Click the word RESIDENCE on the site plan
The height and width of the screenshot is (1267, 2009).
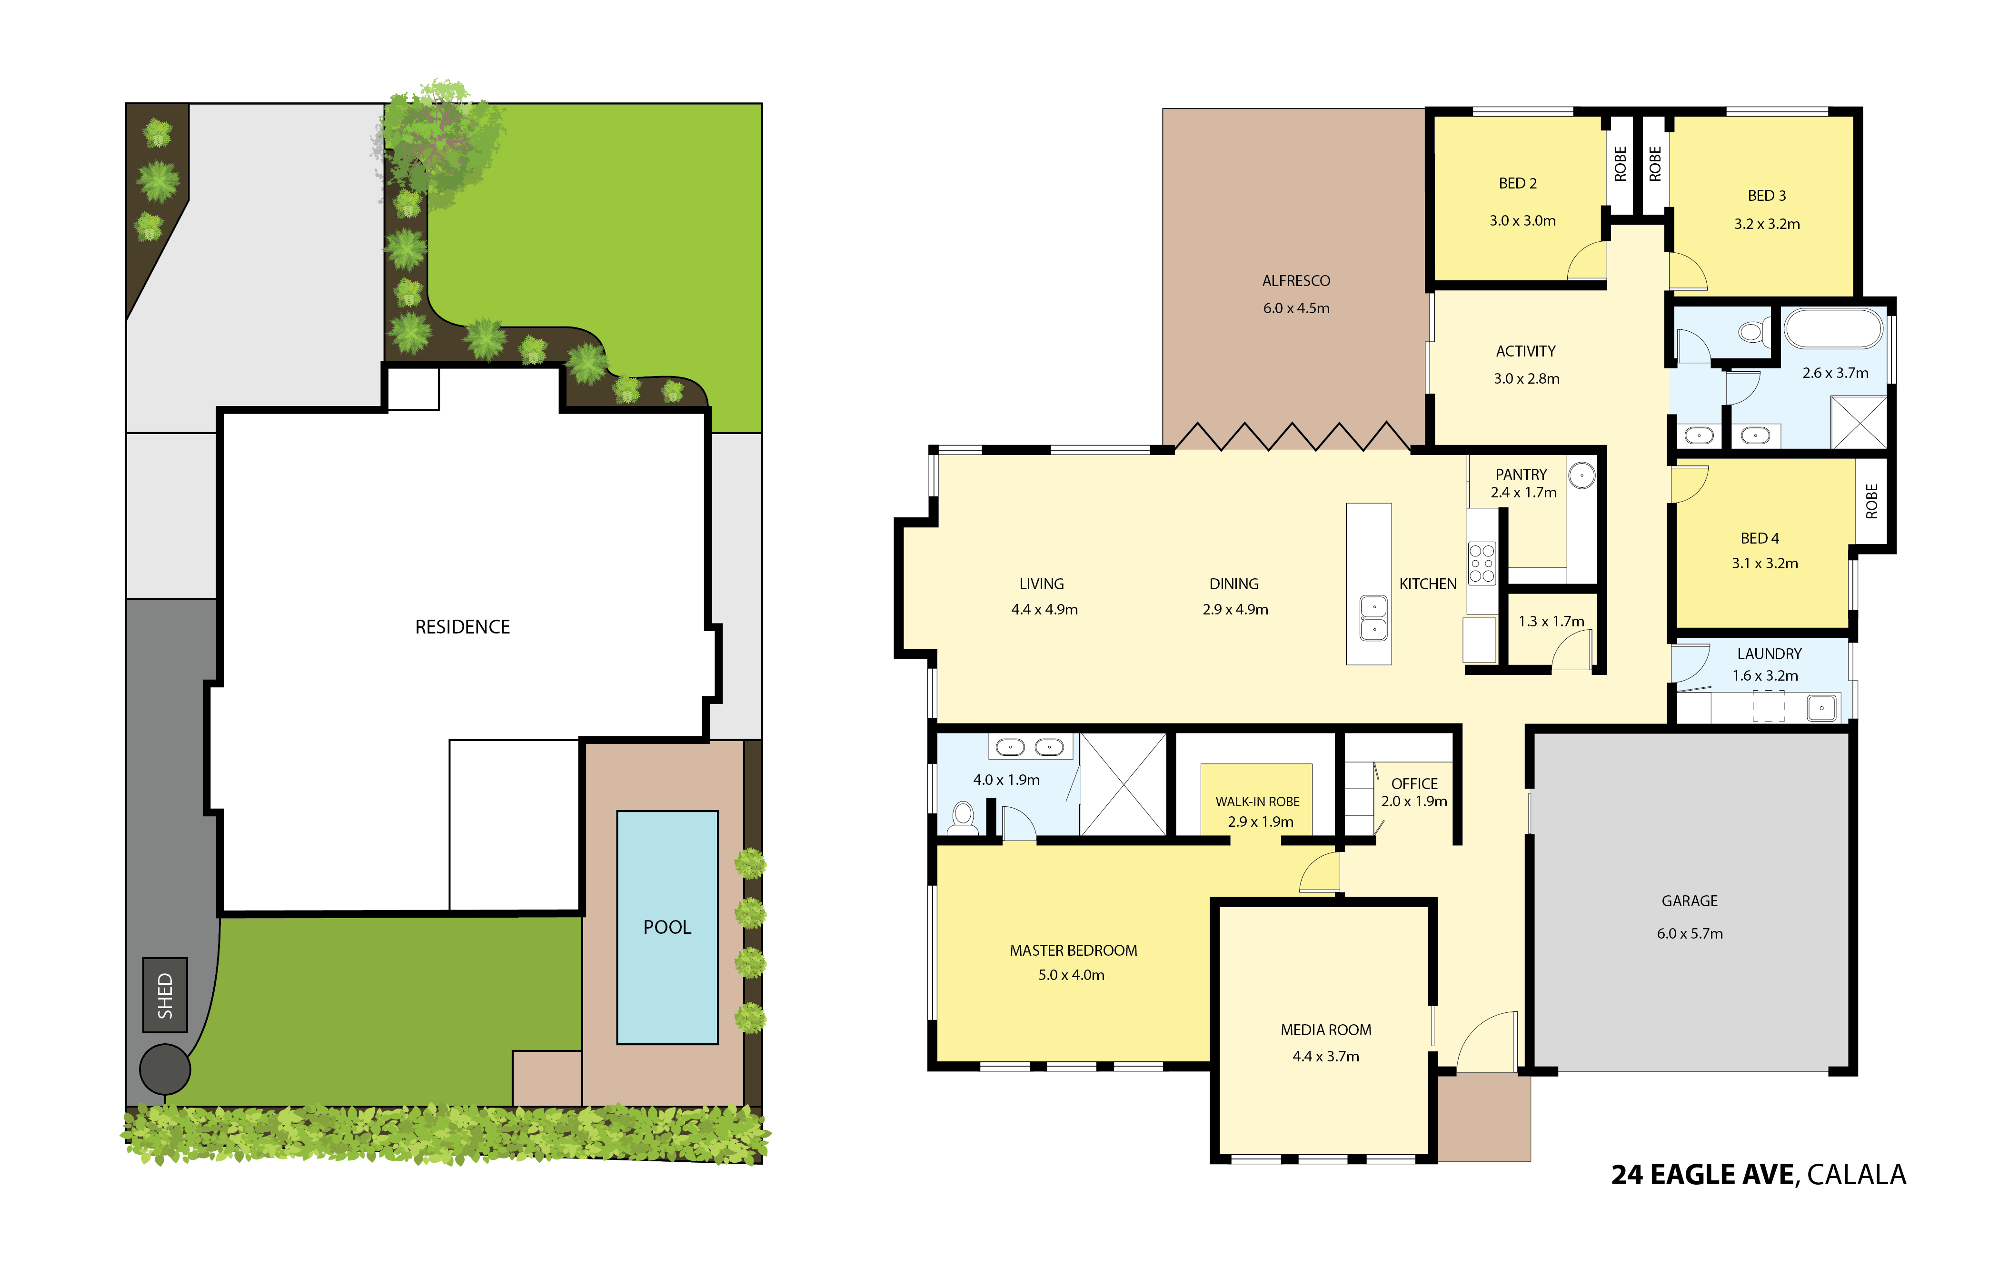pyautogui.click(x=462, y=626)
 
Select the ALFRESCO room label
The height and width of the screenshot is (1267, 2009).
pyautogui.click(x=1296, y=281)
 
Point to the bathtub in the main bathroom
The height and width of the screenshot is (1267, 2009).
pyautogui.click(x=1833, y=328)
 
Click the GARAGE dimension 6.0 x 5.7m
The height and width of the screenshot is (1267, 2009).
pyautogui.click(x=1690, y=933)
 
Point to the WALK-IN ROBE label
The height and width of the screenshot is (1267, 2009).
pyautogui.click(x=1257, y=802)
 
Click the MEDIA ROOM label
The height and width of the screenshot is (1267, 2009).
pyautogui.click(x=1326, y=1030)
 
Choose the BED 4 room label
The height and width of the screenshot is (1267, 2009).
pyautogui.click(x=1760, y=538)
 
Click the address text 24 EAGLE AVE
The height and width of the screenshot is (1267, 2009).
pyautogui.click(x=1702, y=1174)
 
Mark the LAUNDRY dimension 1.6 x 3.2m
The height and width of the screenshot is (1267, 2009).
pyautogui.click(x=1765, y=675)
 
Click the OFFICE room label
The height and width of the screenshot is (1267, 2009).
pyautogui.click(x=1414, y=784)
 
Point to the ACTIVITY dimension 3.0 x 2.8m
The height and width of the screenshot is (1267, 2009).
pyautogui.click(x=1526, y=379)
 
